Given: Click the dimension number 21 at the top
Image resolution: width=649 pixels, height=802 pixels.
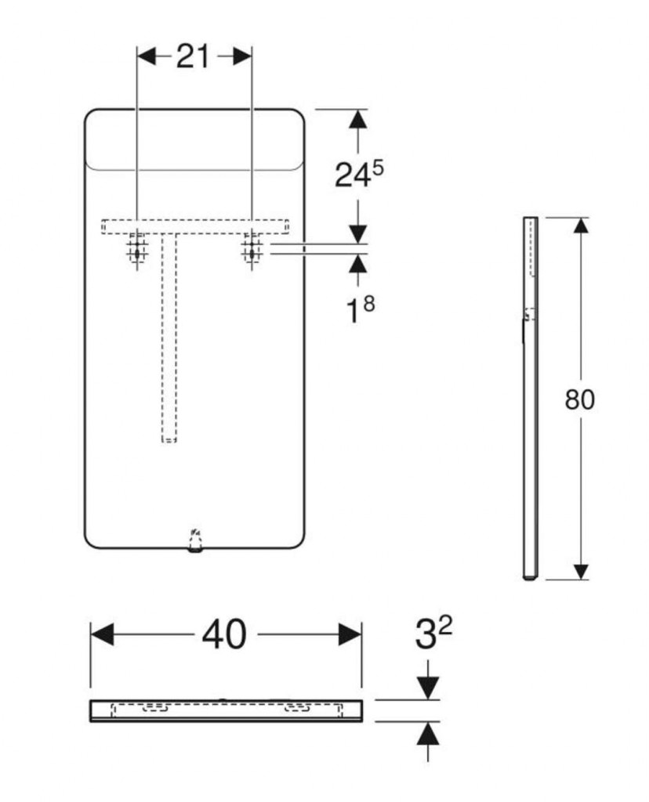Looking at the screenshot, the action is (193, 56).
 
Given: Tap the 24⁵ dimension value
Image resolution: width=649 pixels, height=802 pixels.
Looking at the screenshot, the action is (359, 174).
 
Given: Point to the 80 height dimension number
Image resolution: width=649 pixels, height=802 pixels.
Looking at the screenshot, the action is (580, 399).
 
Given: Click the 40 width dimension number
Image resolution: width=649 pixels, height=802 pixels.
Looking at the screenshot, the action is (224, 634).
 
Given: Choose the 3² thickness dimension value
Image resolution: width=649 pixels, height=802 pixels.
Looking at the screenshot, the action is (433, 633).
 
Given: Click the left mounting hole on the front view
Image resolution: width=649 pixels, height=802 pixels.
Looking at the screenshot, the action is (137, 251).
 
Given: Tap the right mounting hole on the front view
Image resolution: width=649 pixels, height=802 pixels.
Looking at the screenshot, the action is (252, 251).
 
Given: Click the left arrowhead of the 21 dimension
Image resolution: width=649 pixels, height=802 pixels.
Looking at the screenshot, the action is (147, 56).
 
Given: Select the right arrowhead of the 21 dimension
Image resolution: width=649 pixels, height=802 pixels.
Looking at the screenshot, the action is (242, 56).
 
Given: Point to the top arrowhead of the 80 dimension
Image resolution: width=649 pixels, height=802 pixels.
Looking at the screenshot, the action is (580, 226).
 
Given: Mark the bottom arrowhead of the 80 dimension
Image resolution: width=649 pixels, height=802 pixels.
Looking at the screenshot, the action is (580, 571).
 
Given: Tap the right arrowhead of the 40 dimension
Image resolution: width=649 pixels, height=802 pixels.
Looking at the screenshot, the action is (350, 634).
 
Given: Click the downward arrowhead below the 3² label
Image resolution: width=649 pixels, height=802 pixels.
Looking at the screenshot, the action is (428, 688).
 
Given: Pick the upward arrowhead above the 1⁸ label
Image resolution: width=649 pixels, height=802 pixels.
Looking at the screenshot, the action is (358, 263).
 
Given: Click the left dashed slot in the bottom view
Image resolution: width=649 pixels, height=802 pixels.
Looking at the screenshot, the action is (154, 708).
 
